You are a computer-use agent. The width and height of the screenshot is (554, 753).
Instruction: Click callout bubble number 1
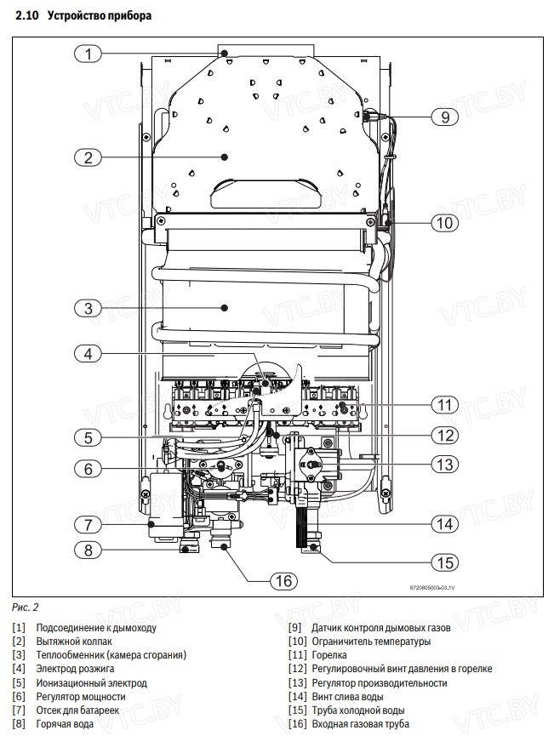(x=88, y=54)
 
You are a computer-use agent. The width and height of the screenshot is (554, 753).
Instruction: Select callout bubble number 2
(x=88, y=157)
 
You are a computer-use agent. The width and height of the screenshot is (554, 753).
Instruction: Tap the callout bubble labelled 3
(x=88, y=308)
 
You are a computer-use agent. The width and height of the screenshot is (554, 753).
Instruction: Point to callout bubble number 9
(x=444, y=117)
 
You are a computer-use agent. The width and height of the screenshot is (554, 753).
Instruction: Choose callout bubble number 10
(x=444, y=224)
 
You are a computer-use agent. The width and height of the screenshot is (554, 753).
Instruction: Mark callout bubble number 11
(x=444, y=403)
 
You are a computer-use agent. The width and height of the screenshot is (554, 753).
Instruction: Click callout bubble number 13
(x=444, y=465)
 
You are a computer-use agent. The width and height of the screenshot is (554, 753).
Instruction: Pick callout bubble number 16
(x=283, y=580)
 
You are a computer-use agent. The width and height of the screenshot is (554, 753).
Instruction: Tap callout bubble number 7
(x=88, y=523)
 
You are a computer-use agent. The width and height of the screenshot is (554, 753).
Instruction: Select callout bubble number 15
(x=444, y=562)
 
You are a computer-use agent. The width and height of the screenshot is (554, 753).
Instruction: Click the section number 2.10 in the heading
(x=27, y=15)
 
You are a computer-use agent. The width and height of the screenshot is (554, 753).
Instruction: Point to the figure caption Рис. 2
(x=26, y=608)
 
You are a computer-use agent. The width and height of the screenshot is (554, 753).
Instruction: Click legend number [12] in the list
(x=298, y=669)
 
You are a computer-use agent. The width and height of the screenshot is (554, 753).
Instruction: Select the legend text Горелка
(x=329, y=655)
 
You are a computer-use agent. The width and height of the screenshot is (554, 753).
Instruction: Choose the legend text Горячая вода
(x=65, y=724)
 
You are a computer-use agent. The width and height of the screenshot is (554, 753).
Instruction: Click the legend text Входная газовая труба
(x=361, y=724)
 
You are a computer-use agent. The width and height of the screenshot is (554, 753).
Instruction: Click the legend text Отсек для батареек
(x=77, y=710)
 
